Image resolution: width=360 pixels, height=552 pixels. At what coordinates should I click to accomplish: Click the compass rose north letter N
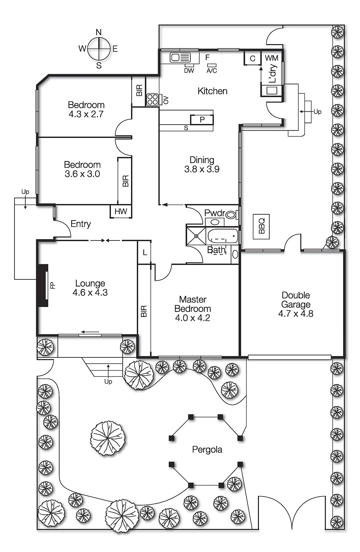[x=99, y=32]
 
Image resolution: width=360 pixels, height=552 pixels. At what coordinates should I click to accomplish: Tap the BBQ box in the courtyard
[x=261, y=227]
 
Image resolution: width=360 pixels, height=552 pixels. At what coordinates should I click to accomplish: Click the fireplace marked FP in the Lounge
[x=43, y=285]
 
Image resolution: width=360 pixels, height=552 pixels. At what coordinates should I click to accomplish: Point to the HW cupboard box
[x=121, y=211]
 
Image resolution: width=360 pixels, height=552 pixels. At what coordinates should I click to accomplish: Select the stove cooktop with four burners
[x=152, y=100]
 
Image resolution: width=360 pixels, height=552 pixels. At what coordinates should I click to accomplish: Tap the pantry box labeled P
[x=202, y=120]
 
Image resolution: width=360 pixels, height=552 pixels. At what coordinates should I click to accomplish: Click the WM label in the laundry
[x=271, y=58]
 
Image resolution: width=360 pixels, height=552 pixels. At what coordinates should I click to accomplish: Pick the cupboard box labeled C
[x=252, y=58]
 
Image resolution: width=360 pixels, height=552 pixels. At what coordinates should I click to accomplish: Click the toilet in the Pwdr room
[x=231, y=215]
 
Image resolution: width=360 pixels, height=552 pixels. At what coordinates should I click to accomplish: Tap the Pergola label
[x=207, y=450]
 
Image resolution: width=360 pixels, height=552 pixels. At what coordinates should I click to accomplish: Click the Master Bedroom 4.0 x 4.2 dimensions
[x=192, y=318]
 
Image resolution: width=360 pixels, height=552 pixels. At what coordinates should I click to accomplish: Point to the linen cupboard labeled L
[x=144, y=253]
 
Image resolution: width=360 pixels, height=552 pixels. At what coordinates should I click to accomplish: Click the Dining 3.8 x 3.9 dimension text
[x=202, y=169]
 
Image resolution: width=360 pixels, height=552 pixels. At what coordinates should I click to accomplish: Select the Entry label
[x=81, y=224]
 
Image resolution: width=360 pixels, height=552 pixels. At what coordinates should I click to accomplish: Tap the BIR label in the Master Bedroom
[x=144, y=311]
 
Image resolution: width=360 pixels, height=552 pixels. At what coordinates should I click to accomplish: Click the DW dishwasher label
[x=189, y=71]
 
